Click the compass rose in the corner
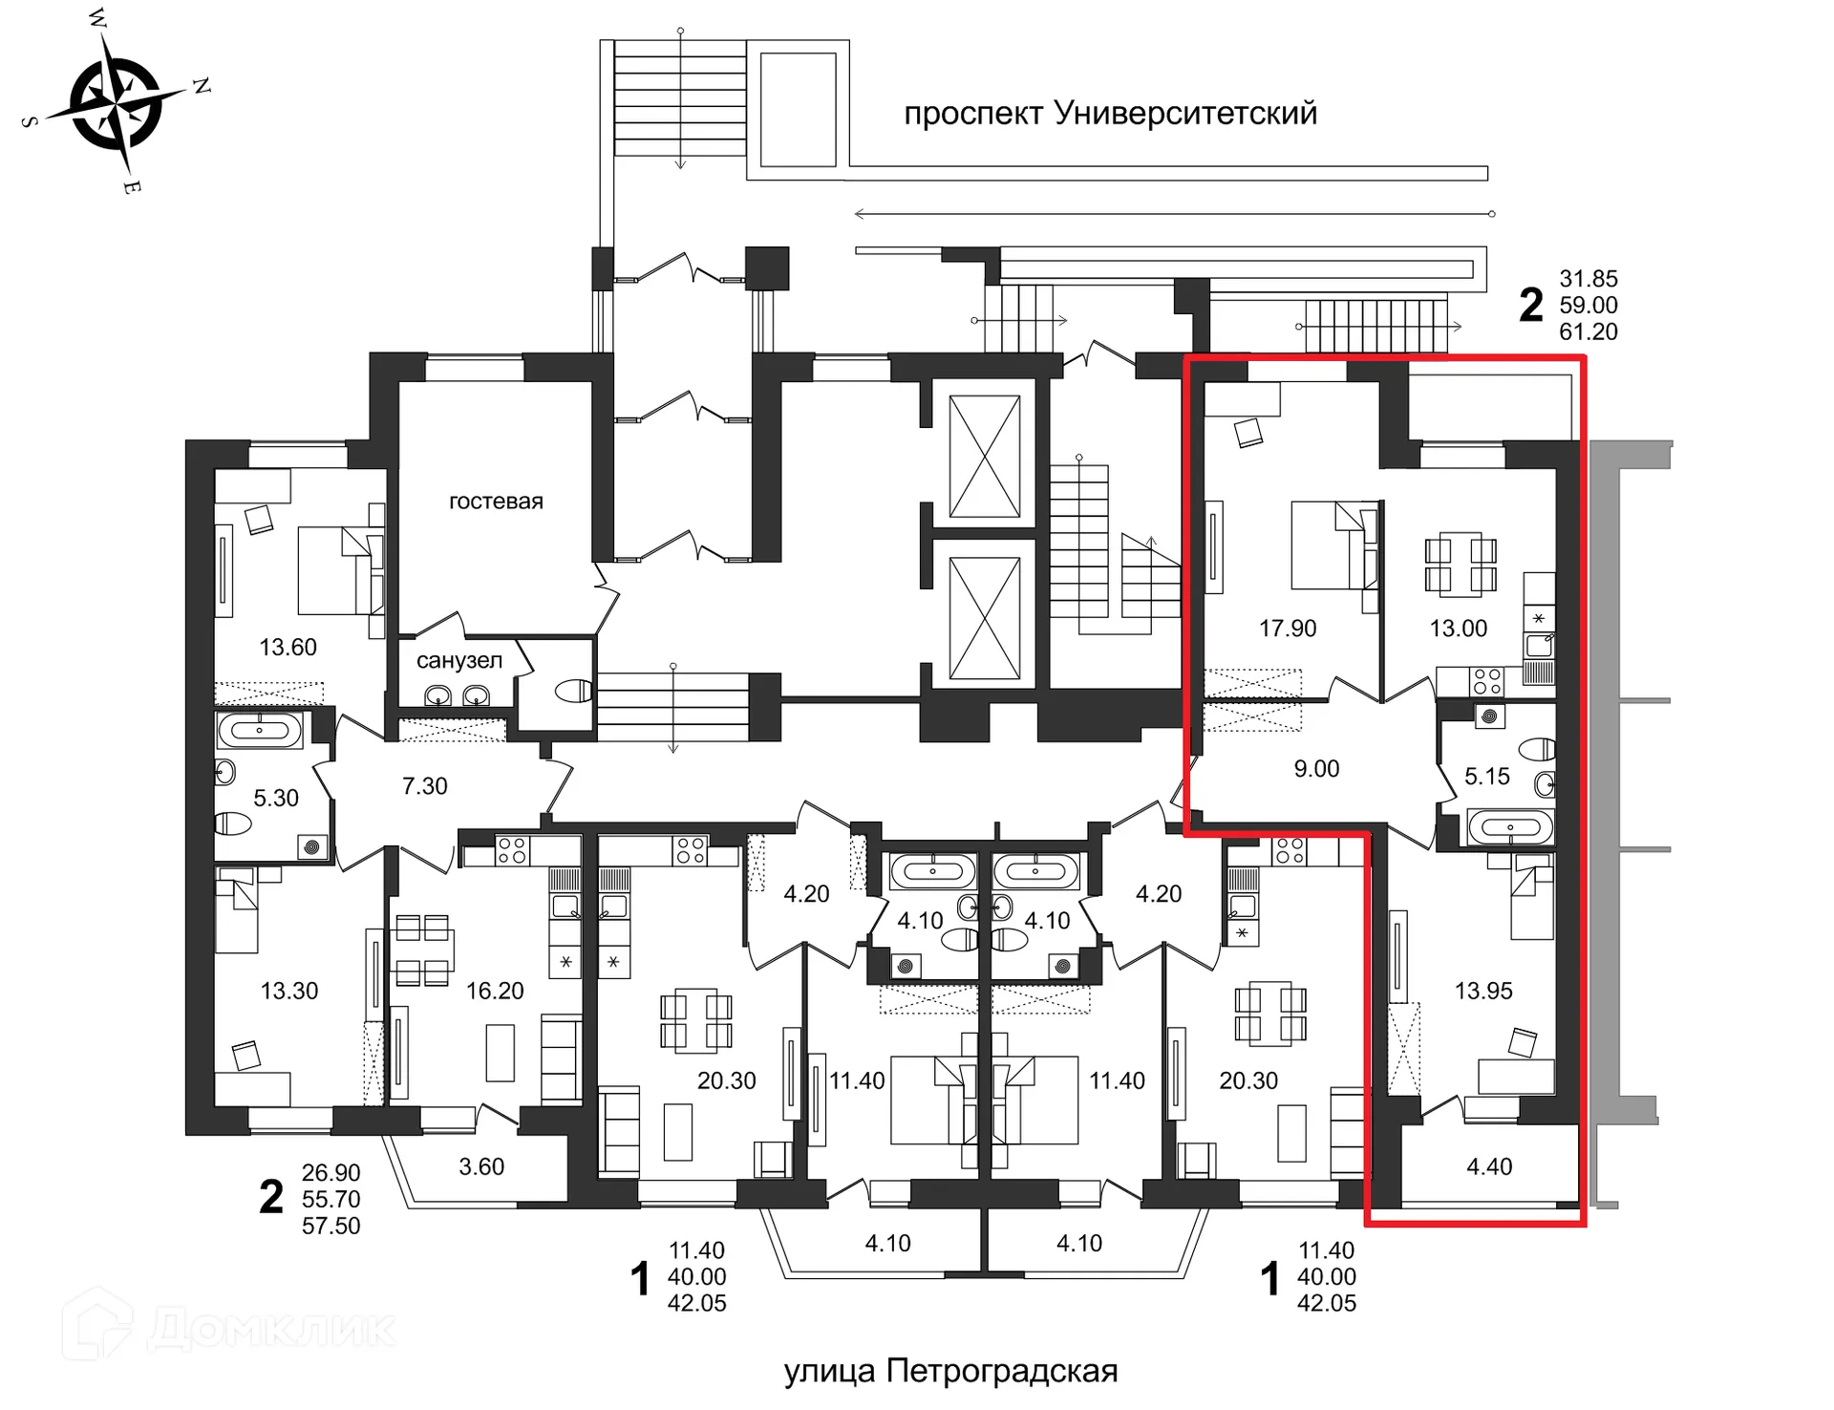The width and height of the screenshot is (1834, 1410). coord(116,103)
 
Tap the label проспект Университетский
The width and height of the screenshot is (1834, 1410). coord(1110,114)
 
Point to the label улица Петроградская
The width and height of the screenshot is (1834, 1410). coord(950,1371)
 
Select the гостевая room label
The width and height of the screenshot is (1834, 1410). coord(496,502)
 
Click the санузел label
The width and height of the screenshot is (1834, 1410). coord(459,660)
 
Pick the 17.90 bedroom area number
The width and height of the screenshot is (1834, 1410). coord(1288,629)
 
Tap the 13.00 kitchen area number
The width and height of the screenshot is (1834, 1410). coord(1459,629)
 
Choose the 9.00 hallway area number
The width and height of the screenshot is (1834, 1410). coord(1316,769)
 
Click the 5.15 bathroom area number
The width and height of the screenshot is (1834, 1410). coord(1487,777)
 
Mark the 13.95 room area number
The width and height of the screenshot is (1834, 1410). coord(1483,992)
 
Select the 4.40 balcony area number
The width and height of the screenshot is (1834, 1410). coord(1489,1166)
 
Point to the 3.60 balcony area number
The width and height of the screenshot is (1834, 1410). coord(481,1166)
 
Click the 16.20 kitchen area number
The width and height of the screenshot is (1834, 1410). coord(495,992)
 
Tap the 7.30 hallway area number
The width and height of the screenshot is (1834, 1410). coord(425,786)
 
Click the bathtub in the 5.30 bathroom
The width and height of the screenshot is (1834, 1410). coord(260,731)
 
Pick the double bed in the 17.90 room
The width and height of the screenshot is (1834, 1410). coord(1335,545)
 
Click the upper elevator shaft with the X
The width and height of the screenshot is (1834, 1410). coord(984,456)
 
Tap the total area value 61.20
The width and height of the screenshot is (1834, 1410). coord(1589,332)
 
